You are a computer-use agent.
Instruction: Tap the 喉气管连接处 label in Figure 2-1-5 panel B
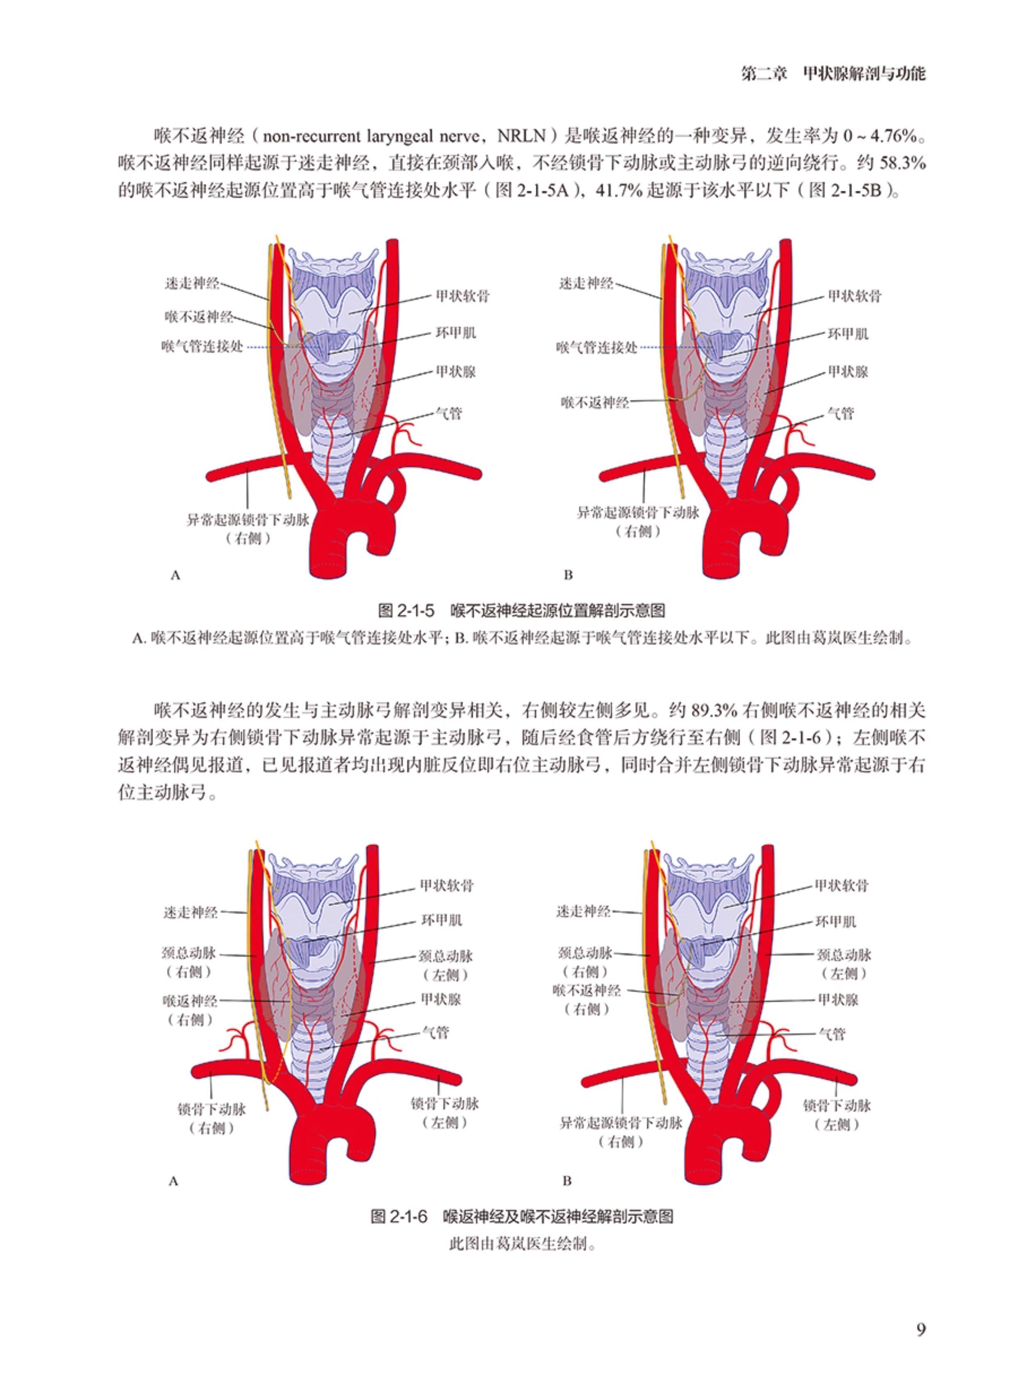coord(596,348)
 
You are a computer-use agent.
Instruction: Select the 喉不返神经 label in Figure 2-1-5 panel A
coord(199,317)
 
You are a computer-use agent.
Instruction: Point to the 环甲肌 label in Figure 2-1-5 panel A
coord(456,333)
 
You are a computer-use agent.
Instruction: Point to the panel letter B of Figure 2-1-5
coord(568,575)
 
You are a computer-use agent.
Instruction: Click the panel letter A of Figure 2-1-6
coord(173,1181)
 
